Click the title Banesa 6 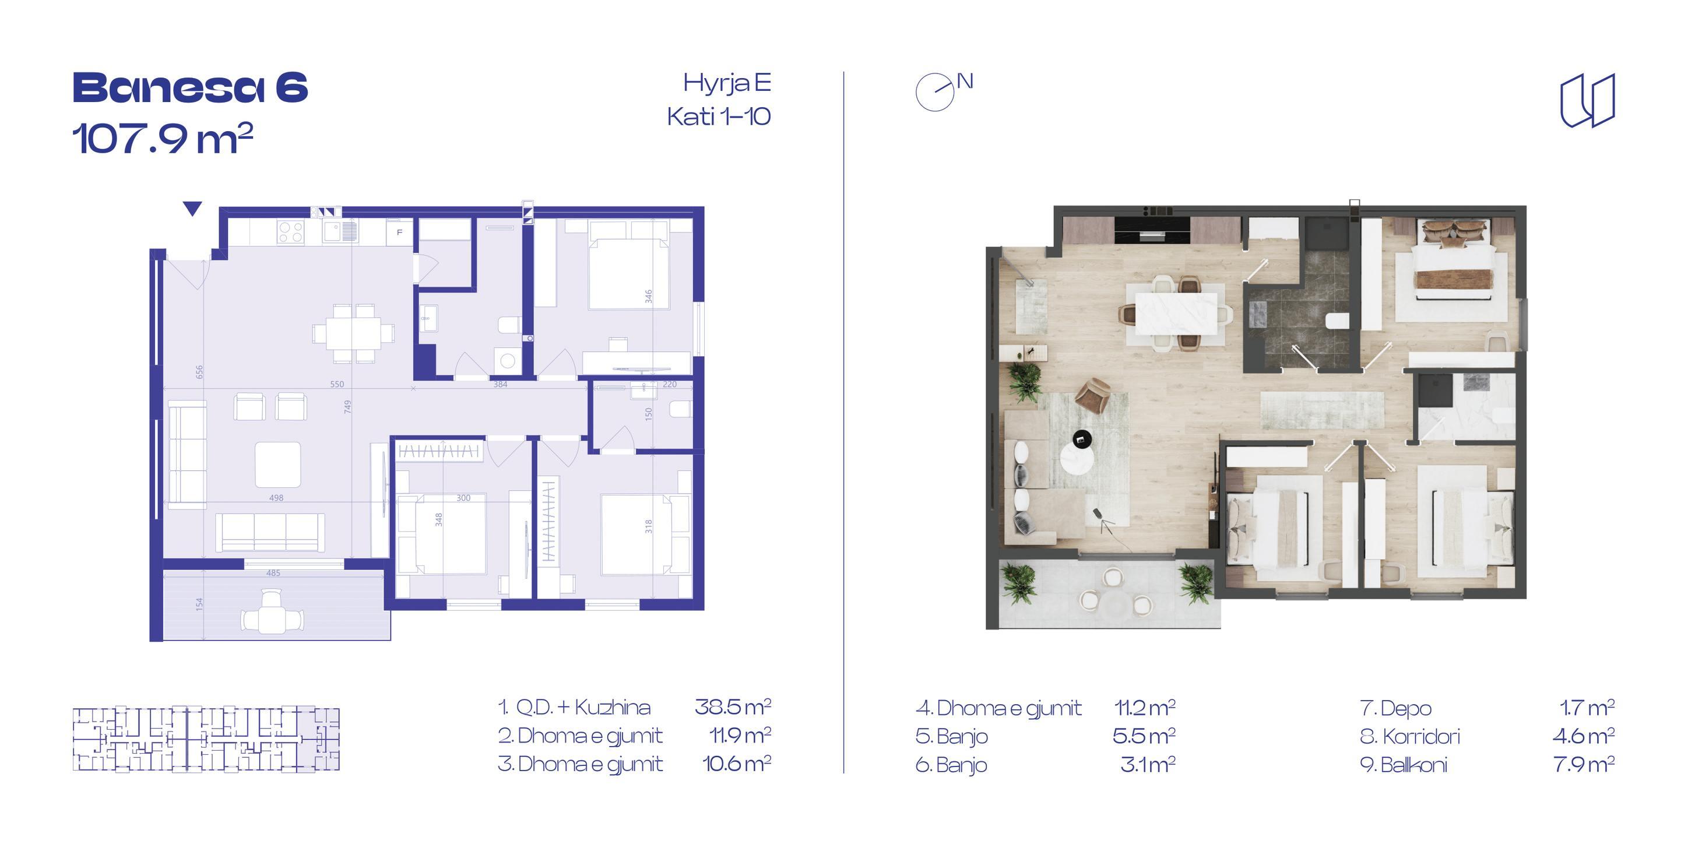coord(190,88)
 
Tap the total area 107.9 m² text coord(163,138)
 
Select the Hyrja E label coord(727,84)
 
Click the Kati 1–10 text coord(719,117)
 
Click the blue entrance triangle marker coord(192,209)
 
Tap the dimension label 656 coord(199,371)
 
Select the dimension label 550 coord(337,384)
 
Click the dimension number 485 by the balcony coord(273,573)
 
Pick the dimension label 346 coord(648,296)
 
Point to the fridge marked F coord(399,233)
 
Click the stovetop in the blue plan coord(291,232)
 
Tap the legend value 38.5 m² coord(733,707)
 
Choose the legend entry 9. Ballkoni coord(1404,765)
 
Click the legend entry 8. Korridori coord(1410,737)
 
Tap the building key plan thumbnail coord(206,738)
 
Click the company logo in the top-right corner coord(1588,100)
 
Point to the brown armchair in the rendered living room coord(1092,396)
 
